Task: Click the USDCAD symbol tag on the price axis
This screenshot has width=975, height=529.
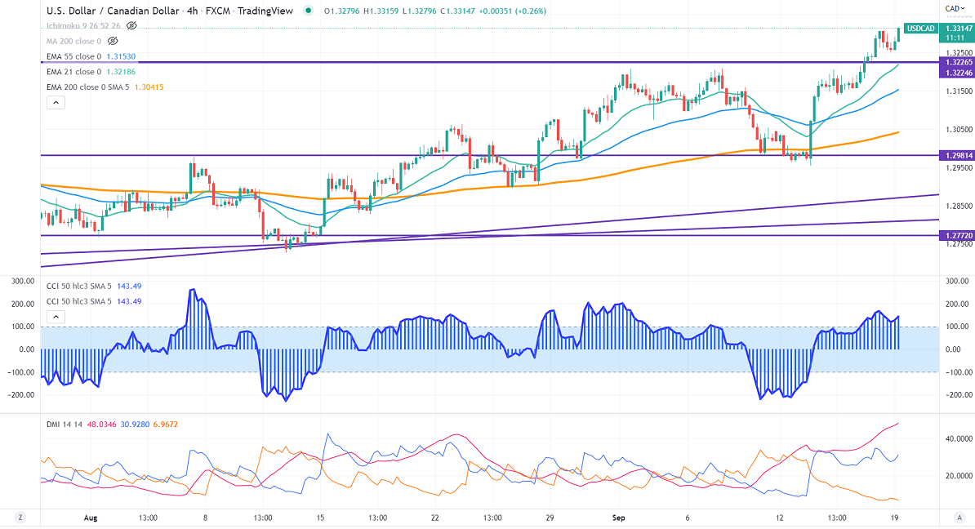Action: coord(921,29)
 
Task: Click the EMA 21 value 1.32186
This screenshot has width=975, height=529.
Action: coord(119,72)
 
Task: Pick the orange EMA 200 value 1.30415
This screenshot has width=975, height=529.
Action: coord(149,87)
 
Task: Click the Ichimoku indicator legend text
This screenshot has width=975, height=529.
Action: coord(82,26)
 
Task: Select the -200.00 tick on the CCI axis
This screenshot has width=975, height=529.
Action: coord(951,394)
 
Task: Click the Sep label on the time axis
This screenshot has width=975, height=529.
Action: coord(618,518)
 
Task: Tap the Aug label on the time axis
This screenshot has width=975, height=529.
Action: coord(91,518)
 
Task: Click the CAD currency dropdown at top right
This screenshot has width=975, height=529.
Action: coord(952,9)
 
